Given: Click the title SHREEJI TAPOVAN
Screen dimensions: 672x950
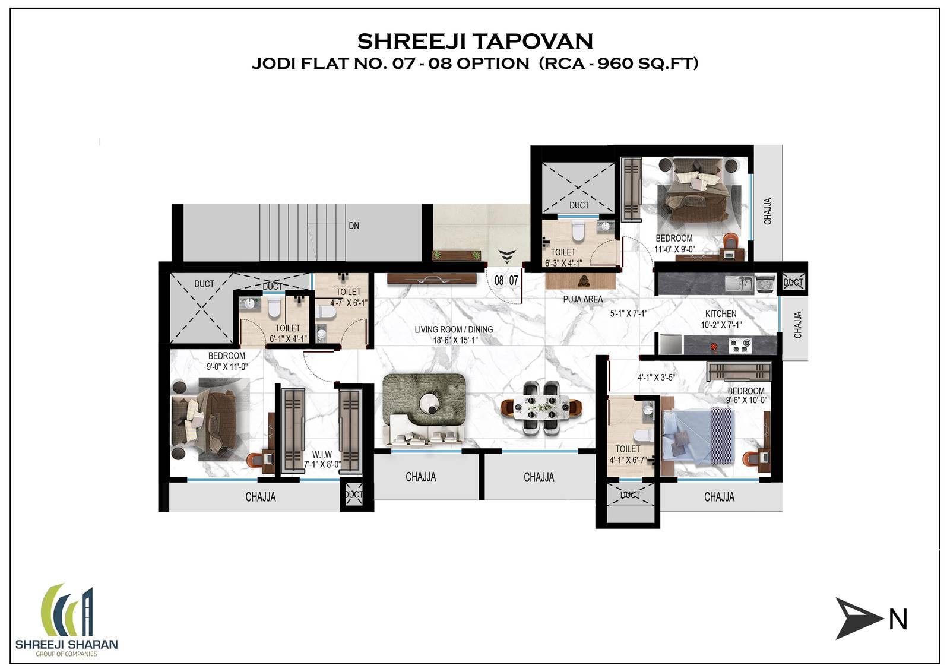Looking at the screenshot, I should click(475, 41).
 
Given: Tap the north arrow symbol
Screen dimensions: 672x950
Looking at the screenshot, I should click(859, 619).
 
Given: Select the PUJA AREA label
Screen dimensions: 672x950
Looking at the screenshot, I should click(582, 299).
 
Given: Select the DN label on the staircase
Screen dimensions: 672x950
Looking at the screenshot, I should click(353, 226).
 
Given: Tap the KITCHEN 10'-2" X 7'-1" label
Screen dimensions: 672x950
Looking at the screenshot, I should click(721, 319).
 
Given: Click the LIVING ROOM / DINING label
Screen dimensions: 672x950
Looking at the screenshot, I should click(454, 334).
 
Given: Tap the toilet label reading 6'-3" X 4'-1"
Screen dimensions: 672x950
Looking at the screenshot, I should click(563, 258).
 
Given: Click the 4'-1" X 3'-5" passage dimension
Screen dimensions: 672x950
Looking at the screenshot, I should click(656, 377).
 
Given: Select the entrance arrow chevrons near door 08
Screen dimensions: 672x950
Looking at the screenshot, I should click(506, 256).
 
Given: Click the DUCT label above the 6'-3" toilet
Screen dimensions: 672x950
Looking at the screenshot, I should click(579, 205).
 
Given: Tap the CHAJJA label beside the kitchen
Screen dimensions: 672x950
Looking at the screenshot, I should click(797, 325).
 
